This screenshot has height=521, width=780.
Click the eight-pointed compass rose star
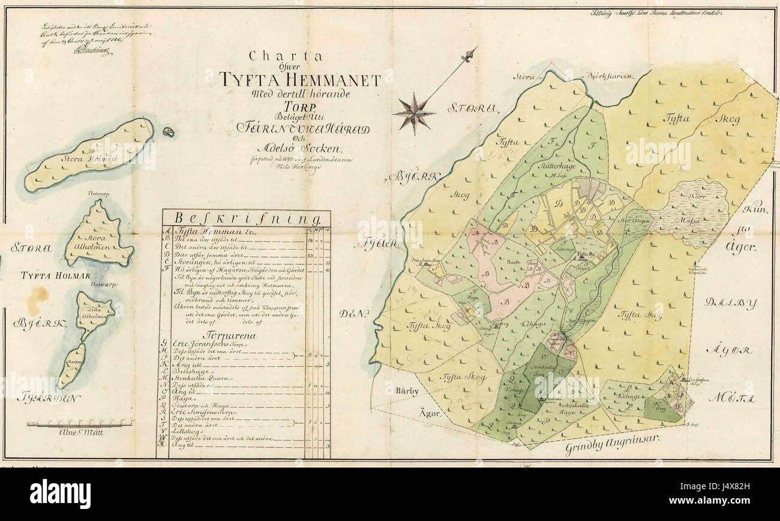413,113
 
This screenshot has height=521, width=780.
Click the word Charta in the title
286,58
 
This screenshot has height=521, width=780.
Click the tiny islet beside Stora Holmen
169,131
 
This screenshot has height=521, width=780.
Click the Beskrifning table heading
245,218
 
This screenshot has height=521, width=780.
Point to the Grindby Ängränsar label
612,445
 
